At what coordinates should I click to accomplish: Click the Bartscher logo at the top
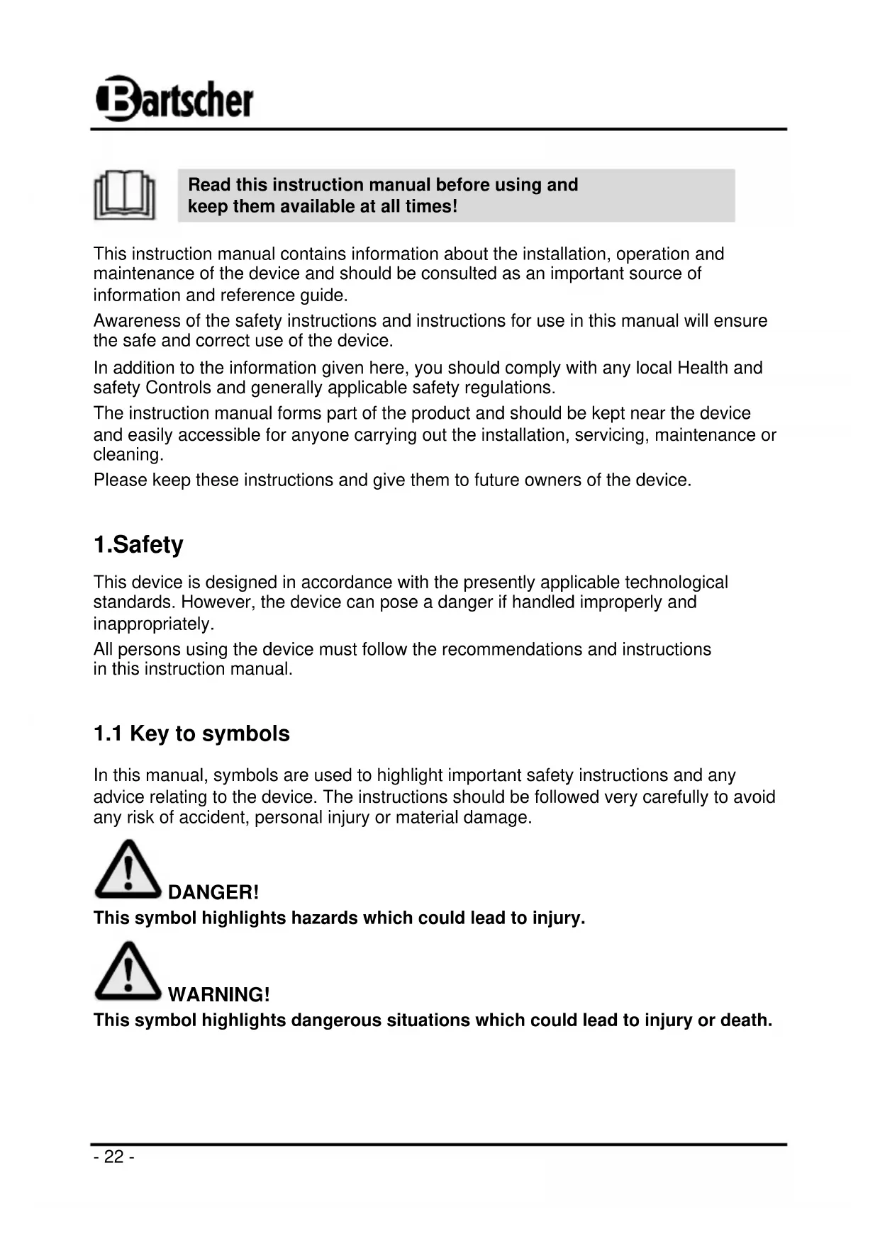pos(174,99)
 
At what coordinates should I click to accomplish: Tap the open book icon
pos(125,195)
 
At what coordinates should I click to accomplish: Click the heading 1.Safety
pos(138,544)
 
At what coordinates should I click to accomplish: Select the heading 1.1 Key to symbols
pos(191,733)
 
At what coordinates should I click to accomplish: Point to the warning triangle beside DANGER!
pos(128,870)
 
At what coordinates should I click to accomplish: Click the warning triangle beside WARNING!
pos(128,972)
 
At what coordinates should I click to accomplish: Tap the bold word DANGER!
pos(213,892)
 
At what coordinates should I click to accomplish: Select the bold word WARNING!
pos(219,994)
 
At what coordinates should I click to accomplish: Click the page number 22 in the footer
pos(113,1157)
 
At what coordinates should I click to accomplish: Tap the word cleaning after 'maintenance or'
pos(128,454)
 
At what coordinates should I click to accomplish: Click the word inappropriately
pos(153,624)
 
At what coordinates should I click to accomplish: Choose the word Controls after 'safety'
pos(178,388)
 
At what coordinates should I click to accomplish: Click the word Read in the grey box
pos(209,185)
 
